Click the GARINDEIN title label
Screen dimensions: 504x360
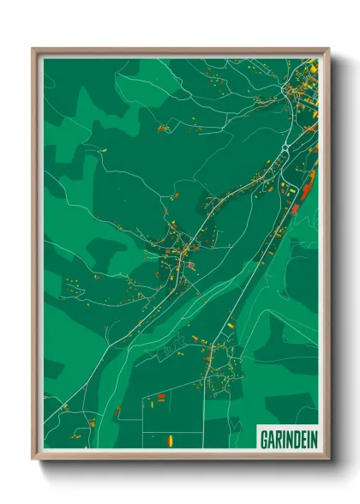(x=287, y=439)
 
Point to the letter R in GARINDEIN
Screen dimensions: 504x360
(x=278, y=439)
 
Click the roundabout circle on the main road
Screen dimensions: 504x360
(x=285, y=148)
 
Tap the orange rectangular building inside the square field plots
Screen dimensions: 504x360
(x=159, y=398)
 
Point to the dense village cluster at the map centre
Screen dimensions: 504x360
(x=183, y=250)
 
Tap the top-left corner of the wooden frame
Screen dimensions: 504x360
(x=33, y=49)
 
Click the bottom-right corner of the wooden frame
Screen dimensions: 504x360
(x=328, y=459)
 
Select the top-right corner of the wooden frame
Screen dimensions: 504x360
(x=328, y=49)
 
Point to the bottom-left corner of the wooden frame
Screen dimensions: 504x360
(x=33, y=459)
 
